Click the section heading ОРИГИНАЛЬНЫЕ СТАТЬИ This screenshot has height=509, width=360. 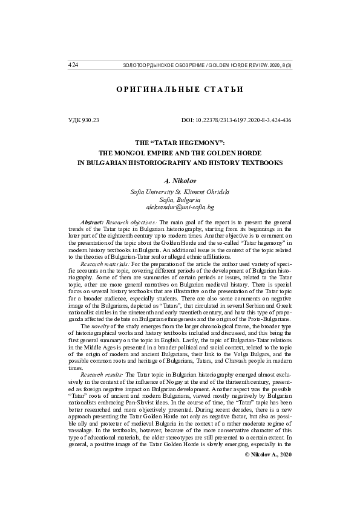tap(180, 90)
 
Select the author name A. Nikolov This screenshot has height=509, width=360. tap(180, 181)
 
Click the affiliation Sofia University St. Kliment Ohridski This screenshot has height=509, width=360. tap(180, 192)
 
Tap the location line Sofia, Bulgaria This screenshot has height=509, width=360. tap(180, 199)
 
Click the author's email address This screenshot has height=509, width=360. tap(180, 207)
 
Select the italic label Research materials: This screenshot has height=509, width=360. tap(106, 264)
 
